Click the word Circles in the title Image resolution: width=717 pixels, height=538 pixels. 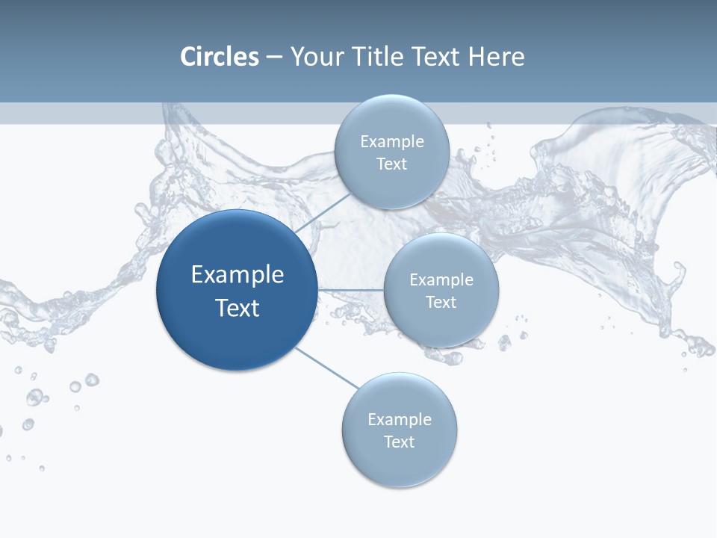[x=219, y=57]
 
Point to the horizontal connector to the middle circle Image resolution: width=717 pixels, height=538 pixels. [x=351, y=290]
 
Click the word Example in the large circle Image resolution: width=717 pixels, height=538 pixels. [x=238, y=275]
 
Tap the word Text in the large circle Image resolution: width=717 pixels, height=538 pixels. [x=238, y=308]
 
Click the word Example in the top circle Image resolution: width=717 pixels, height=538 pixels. [x=391, y=142]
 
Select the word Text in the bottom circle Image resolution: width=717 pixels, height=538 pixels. [x=399, y=442]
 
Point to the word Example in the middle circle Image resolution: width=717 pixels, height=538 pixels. [x=441, y=280]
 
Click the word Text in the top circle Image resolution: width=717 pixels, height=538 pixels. [x=391, y=164]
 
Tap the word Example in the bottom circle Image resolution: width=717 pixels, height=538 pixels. [x=399, y=420]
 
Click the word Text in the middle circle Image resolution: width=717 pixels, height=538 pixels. [x=441, y=303]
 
